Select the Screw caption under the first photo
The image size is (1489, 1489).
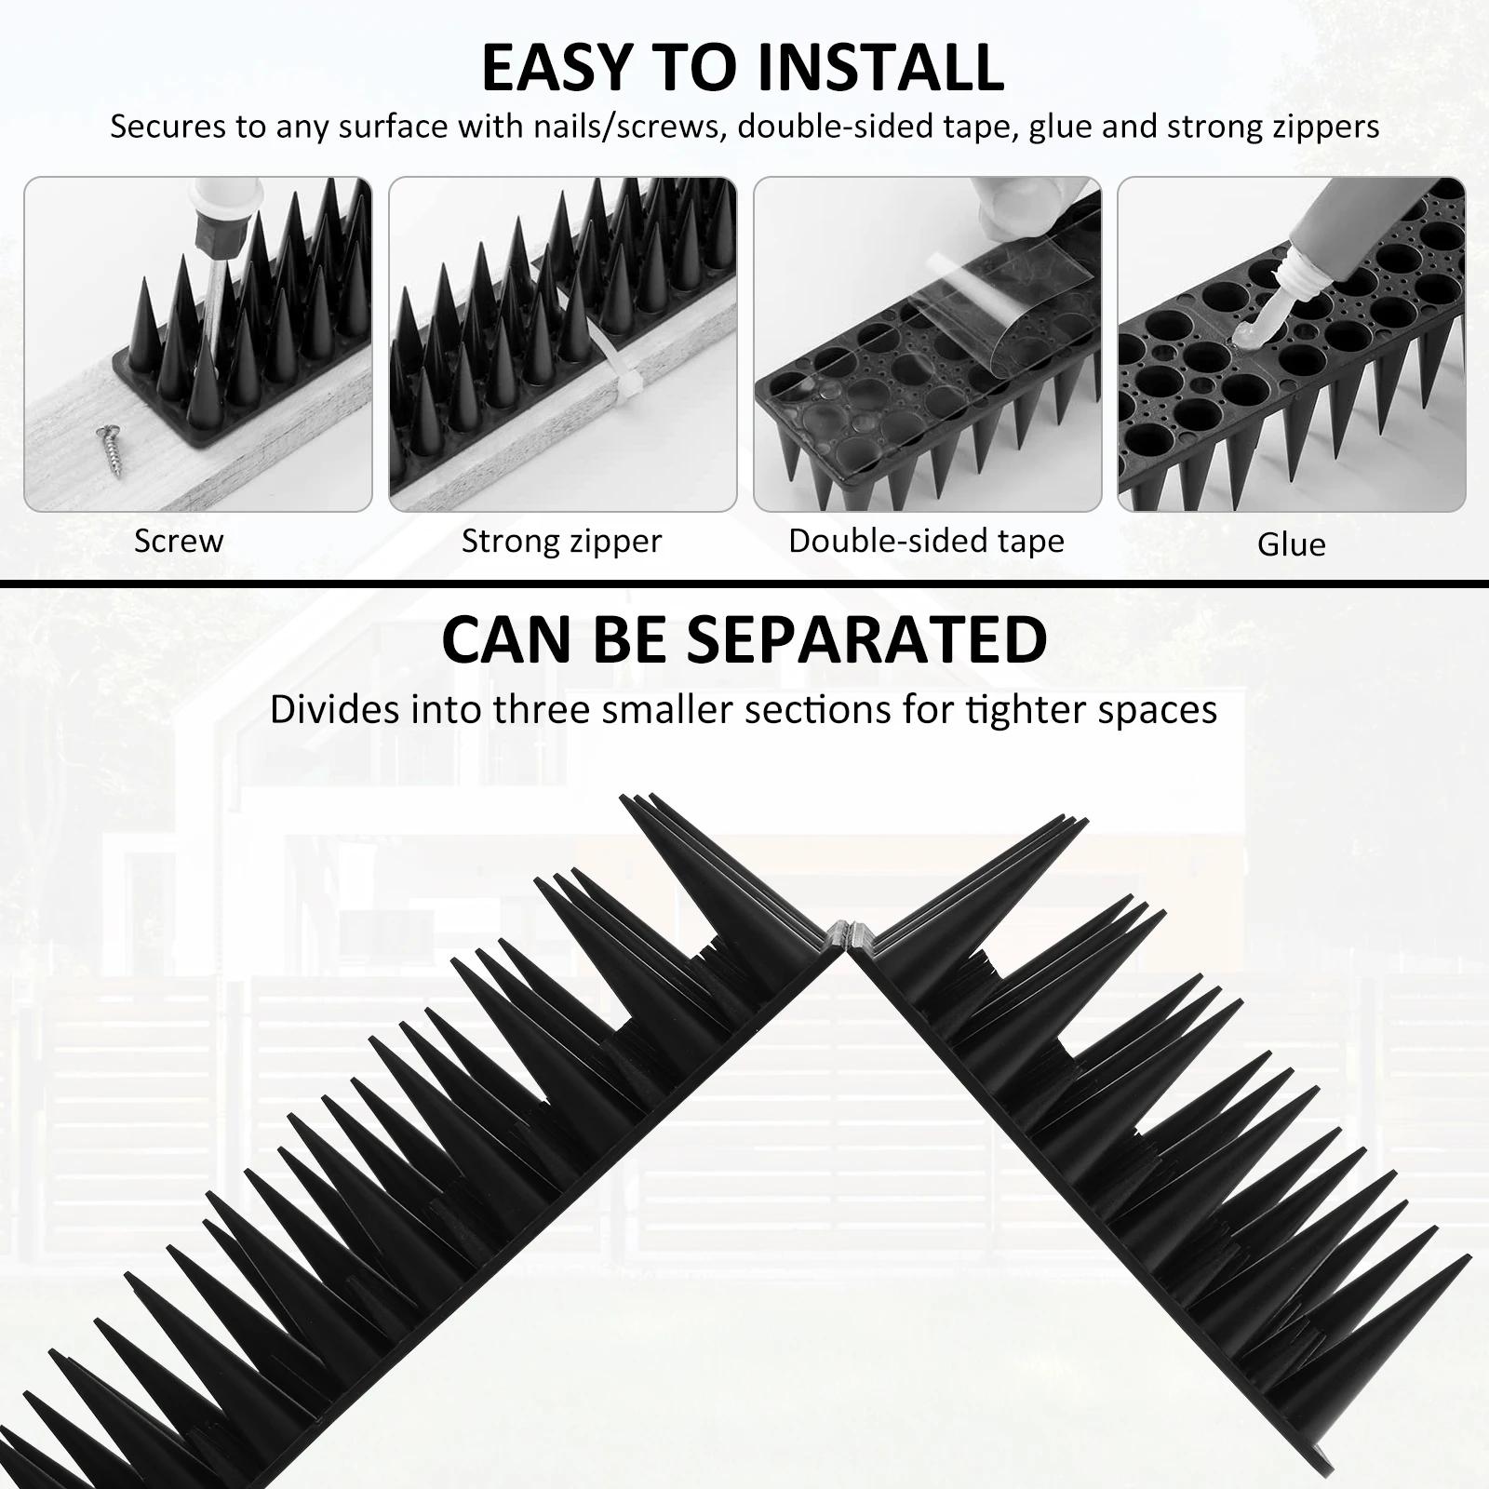pyautogui.click(x=179, y=541)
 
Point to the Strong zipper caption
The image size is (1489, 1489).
pyautogui.click(x=561, y=541)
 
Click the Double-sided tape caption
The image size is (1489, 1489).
pyautogui.click(x=926, y=541)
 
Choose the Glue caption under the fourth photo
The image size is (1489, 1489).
pyautogui.click(x=1291, y=544)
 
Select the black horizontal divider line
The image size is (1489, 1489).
pyautogui.click(x=744, y=584)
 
